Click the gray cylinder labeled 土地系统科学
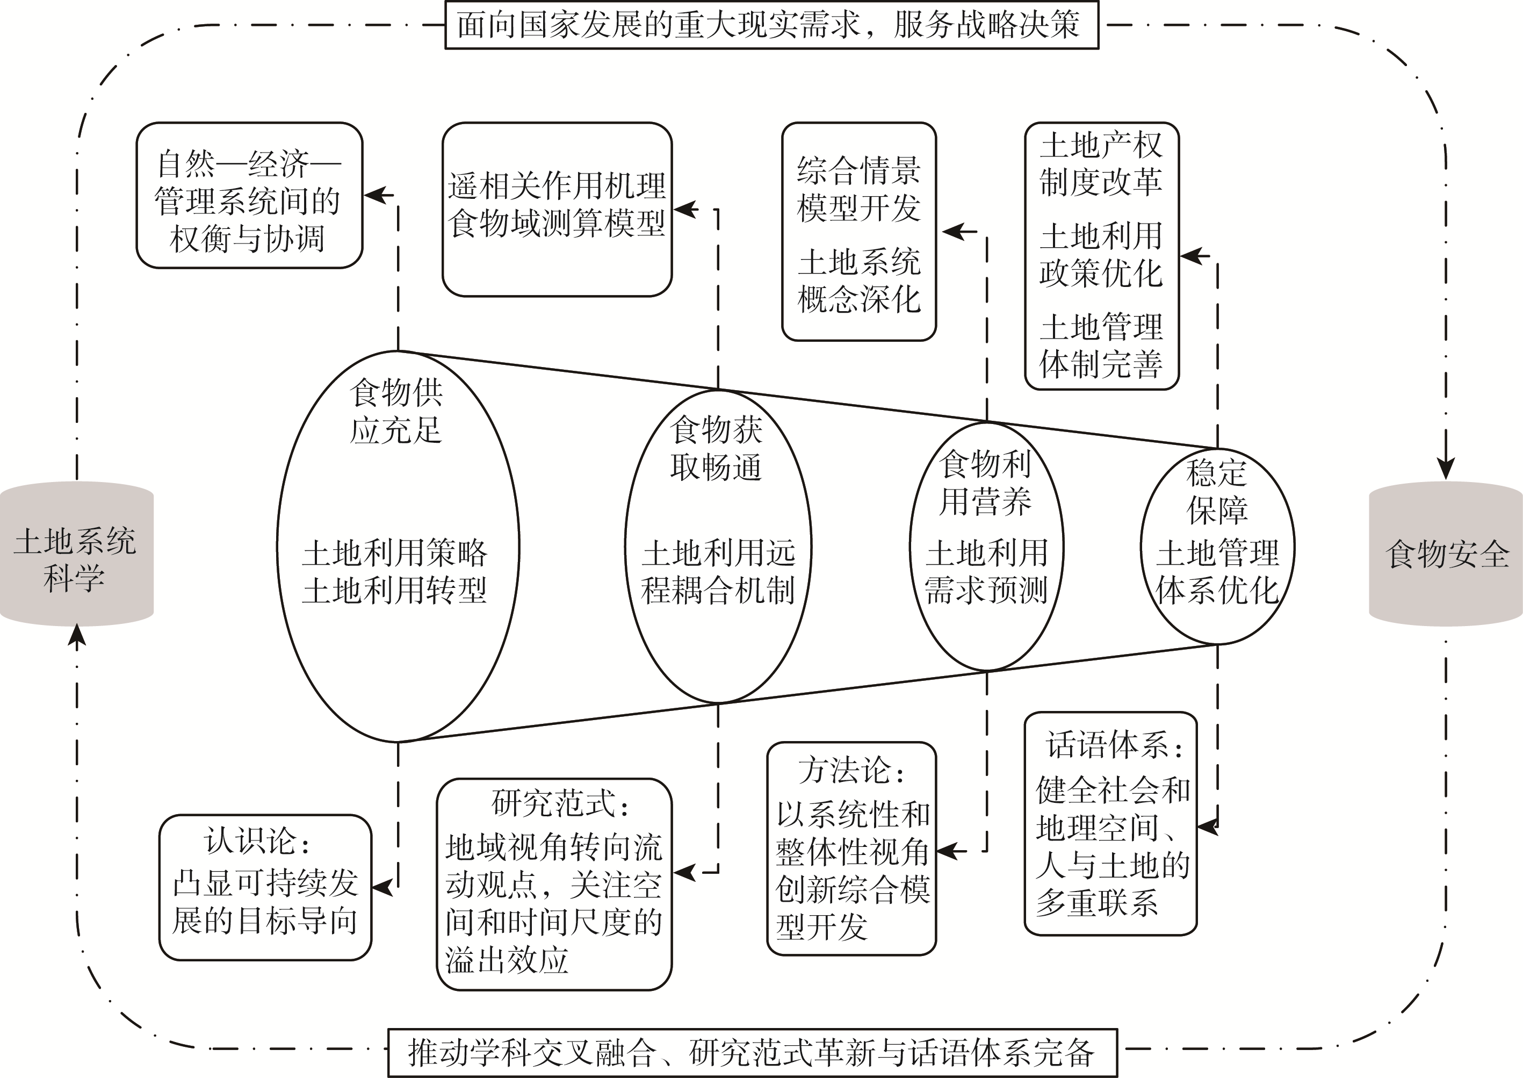click(x=76, y=554)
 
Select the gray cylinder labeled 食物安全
click(x=1447, y=554)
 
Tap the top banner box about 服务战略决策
click(x=771, y=25)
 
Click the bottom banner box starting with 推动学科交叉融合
click(x=752, y=1053)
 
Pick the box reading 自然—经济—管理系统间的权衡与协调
click(x=249, y=196)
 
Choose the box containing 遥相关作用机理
click(x=557, y=186)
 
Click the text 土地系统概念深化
click(x=858, y=281)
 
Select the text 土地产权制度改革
click(x=1101, y=163)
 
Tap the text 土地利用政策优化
click(x=1101, y=254)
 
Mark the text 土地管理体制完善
click(x=1101, y=345)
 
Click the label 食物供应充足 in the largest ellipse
click(x=396, y=412)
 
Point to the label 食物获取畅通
click(x=717, y=449)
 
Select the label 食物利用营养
click(x=985, y=483)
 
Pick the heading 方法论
click(x=851, y=771)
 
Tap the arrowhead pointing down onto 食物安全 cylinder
click(x=1446, y=468)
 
